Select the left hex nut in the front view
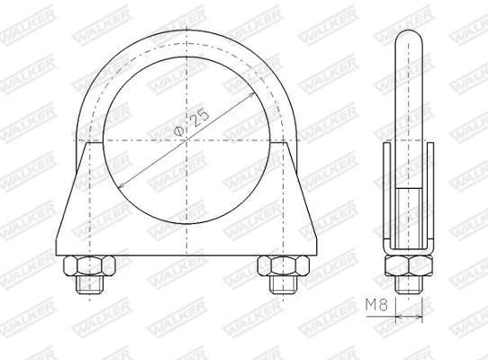pyautogui.click(x=87, y=266)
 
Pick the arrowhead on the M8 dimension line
pyautogui.click(x=420, y=315)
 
